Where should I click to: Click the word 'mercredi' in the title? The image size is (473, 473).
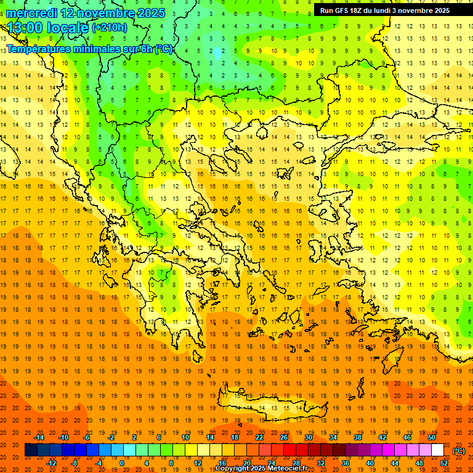pyautogui.click(x=32, y=13)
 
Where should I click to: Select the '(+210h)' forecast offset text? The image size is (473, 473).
pyautogui.click(x=110, y=28)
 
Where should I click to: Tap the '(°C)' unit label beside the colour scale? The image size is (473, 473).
pyautogui.click(x=459, y=451)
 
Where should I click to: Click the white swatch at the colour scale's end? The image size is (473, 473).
pyautogui.click(x=438, y=450)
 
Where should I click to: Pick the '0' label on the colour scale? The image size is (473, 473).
pyautogui.click(x=122, y=463)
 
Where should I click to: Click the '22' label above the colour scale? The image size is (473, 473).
pyautogui.click(x=259, y=437)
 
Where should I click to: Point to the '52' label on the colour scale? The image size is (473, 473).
pyautogui.click(x=444, y=463)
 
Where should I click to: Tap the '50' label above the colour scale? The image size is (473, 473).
pyautogui.click(x=432, y=437)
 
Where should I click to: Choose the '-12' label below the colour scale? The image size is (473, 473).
pyautogui.click(x=51, y=463)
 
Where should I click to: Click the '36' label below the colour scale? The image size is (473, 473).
pyautogui.click(x=345, y=463)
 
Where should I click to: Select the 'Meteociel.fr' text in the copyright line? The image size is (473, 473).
pyautogui.click(x=285, y=469)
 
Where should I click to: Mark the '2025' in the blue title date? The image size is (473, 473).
pyautogui.click(x=148, y=13)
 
